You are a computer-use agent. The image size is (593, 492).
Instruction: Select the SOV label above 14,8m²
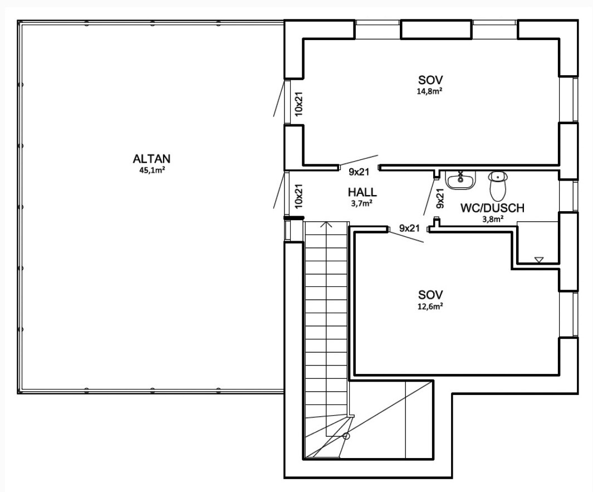431,79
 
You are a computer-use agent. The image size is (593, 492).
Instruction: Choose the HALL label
362,192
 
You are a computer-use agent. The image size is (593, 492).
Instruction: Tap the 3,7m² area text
362,203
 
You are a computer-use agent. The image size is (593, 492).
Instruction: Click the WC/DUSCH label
492,208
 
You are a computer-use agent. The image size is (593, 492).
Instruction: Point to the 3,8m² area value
493,219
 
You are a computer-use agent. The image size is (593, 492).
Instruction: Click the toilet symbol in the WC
497,183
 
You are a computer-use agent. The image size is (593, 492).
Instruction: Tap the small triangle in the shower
538,260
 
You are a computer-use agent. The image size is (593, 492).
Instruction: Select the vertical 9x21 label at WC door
439,198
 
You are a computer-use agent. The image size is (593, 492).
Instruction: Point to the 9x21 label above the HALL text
359,172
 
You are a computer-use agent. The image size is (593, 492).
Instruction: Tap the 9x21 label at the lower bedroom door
409,228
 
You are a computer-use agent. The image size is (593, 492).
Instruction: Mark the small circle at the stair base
346,436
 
